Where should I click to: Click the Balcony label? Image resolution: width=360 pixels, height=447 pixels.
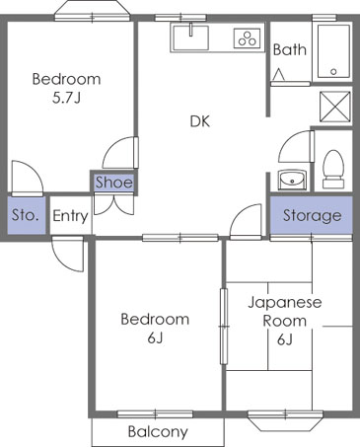[x=158, y=432]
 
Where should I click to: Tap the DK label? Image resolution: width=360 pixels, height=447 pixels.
[x=200, y=122]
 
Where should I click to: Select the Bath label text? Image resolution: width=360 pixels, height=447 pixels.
[x=289, y=49]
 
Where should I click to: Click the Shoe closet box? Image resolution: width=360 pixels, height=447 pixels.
[x=113, y=182]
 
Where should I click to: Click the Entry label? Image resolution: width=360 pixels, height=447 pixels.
[x=69, y=216]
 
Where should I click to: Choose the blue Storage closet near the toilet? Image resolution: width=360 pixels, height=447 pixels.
[x=312, y=215]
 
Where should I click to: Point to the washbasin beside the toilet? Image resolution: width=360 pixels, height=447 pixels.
[x=292, y=179]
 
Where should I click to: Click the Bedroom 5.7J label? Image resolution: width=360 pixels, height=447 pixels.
[x=65, y=88]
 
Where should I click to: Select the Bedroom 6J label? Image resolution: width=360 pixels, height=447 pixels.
[x=155, y=328]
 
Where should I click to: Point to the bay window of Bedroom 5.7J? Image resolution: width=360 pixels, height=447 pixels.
[x=94, y=12]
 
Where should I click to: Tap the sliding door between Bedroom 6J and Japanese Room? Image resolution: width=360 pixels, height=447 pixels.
[x=224, y=327]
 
